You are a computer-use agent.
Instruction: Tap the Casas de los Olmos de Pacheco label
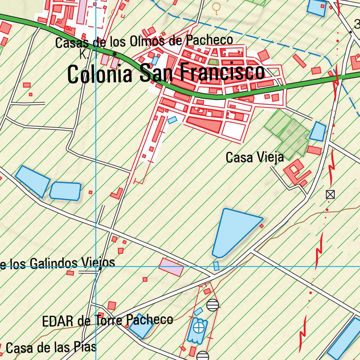144,41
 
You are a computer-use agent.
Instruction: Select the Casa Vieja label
255,157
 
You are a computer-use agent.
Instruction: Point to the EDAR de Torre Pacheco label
107,320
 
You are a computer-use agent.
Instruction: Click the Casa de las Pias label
51,348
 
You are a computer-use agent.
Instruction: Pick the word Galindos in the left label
54,263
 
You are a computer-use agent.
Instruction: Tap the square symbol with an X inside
330,194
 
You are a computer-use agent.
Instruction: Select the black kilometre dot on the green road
115,54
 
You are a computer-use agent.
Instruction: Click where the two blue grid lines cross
96,266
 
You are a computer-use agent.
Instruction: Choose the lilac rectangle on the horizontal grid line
171,267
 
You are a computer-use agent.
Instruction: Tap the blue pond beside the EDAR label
141,326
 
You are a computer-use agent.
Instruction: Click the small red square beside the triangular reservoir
261,226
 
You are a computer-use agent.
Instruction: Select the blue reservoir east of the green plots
318,131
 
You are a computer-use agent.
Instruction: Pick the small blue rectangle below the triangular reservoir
216,266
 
